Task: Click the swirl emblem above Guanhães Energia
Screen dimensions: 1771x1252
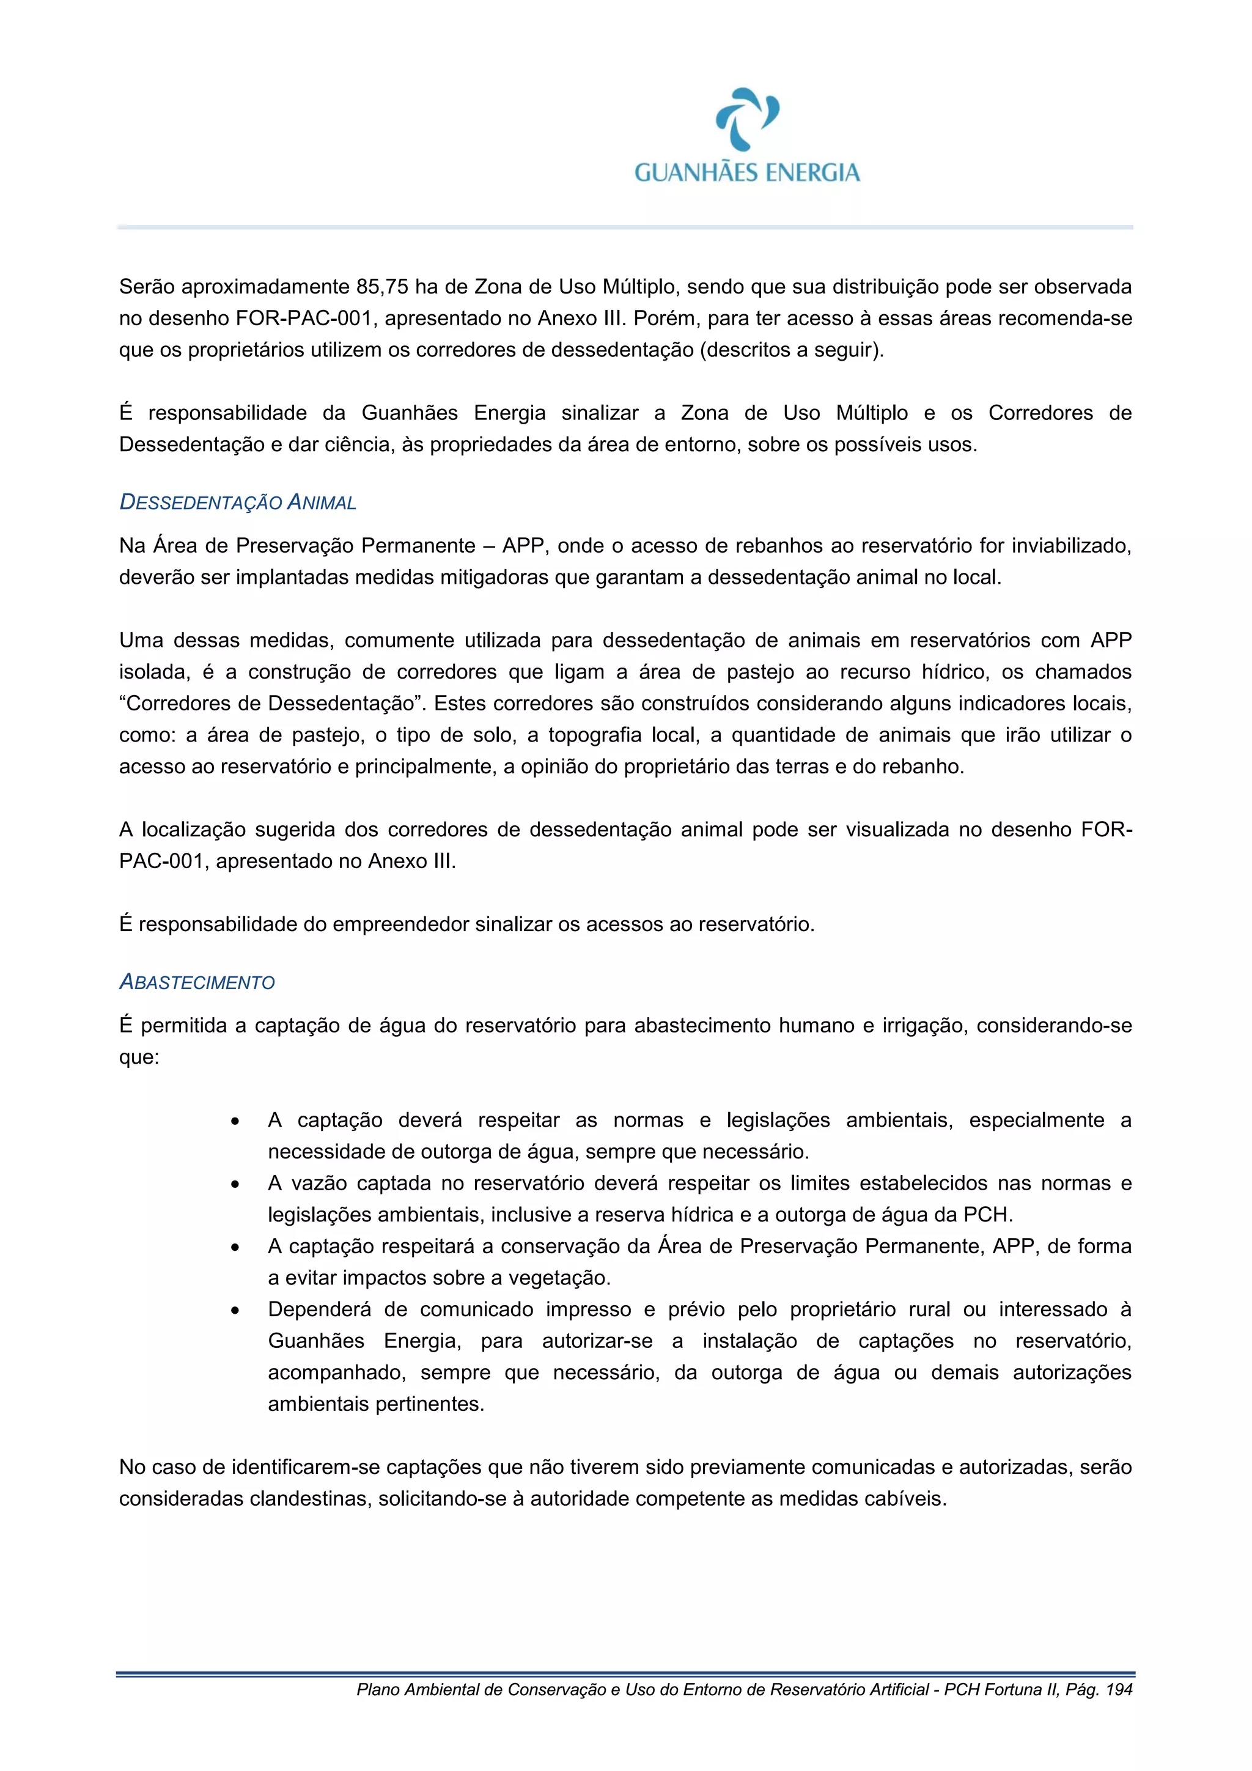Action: tap(746, 119)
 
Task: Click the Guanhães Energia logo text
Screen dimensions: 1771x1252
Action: tap(746, 172)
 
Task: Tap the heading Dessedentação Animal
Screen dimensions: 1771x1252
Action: tap(238, 503)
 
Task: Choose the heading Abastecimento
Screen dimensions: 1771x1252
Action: tap(197, 982)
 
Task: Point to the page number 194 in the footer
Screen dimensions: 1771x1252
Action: tap(1119, 1689)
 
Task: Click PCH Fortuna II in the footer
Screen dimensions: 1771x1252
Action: tap(1000, 1689)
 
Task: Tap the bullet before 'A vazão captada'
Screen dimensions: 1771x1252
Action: tap(235, 1185)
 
